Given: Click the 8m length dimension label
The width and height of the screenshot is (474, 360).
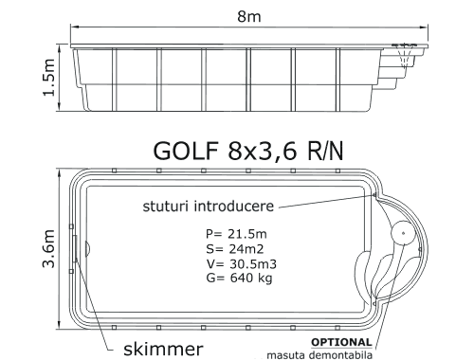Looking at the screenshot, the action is [249, 16].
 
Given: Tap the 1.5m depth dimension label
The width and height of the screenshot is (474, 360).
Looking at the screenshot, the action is [49, 78].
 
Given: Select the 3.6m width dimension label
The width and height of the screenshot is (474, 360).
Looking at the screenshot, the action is [49, 249].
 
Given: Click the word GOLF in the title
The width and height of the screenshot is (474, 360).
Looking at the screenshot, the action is [186, 151].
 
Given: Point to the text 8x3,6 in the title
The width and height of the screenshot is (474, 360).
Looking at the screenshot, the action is [263, 151].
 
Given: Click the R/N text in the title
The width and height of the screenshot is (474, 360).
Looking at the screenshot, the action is [324, 151].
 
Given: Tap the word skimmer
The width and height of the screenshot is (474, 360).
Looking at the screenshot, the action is [163, 349].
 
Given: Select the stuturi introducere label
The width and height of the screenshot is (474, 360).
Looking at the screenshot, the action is [209, 207].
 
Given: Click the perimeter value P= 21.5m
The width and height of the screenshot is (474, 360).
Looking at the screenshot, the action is [236, 234].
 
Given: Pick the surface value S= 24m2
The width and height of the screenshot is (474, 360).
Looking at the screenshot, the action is [235, 249].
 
